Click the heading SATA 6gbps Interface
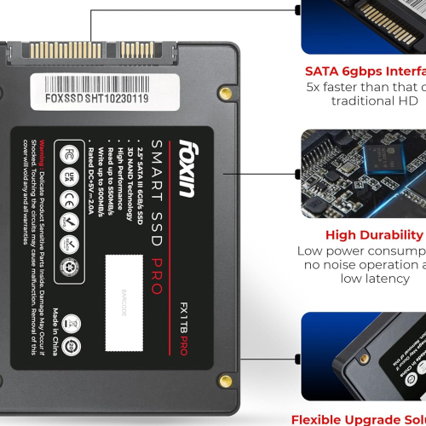tap(364, 72)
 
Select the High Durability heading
tap(374, 234)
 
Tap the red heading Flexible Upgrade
tap(358, 419)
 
